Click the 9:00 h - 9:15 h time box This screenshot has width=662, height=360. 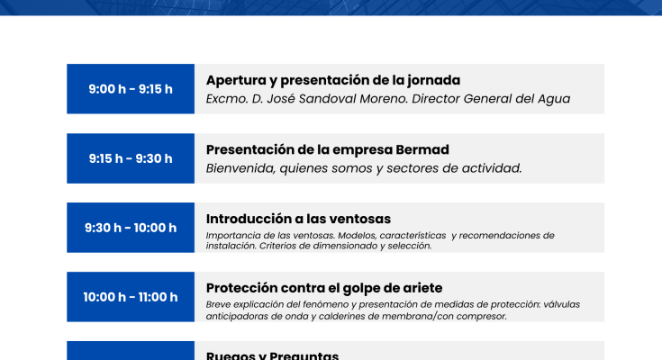131,89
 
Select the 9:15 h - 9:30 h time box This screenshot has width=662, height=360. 131,158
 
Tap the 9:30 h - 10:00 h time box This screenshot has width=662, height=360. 131,228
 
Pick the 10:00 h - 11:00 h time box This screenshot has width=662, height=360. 131,297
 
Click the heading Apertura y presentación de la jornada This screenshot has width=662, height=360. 333,80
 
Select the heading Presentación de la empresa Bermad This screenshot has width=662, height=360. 328,149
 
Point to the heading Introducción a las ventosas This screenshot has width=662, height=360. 298,219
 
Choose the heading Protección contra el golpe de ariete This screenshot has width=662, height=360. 324,288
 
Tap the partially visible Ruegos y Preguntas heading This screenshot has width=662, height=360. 272,355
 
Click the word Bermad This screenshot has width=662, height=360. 424,149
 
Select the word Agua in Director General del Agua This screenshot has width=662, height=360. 552,99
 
